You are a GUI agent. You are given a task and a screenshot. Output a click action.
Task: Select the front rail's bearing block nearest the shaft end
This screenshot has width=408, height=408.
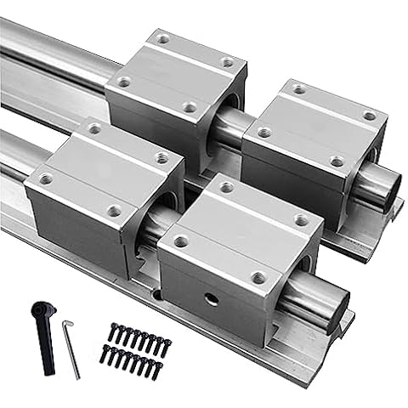tap(241, 255)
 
